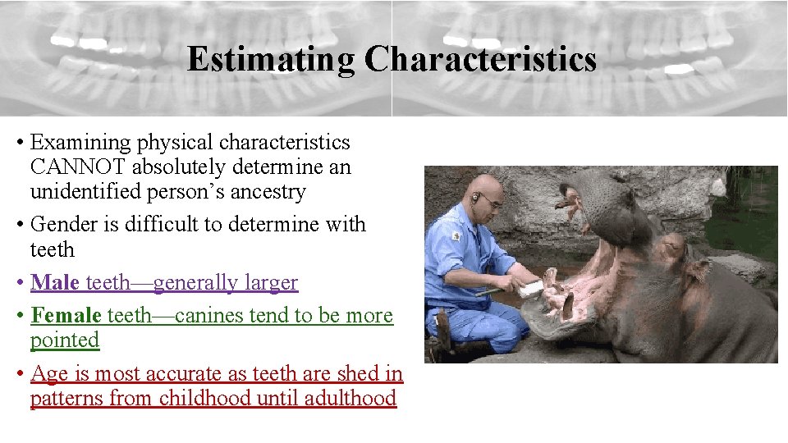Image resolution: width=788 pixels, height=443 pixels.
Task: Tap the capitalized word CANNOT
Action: click(x=79, y=167)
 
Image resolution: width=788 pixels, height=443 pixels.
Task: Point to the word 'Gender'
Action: click(x=61, y=224)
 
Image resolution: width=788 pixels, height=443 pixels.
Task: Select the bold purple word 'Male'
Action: click(x=54, y=282)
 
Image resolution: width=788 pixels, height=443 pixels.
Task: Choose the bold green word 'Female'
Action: click(x=66, y=315)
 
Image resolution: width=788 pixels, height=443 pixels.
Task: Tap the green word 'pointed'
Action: click(x=64, y=340)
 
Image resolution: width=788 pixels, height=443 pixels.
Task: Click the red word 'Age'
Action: click(x=48, y=373)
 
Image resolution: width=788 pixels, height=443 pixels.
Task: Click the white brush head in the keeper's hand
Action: click(x=530, y=287)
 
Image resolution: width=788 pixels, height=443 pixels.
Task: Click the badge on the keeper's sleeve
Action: click(x=456, y=236)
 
